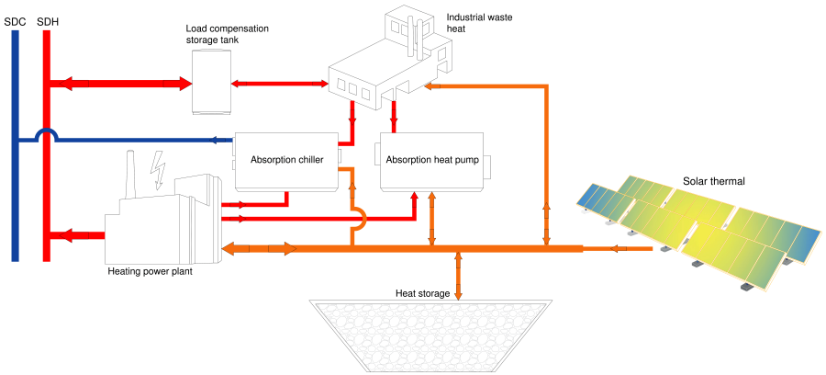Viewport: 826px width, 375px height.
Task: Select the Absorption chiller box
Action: [x=286, y=160]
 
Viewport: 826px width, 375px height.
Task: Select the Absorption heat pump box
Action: [x=432, y=160]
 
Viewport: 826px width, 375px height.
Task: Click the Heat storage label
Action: [x=422, y=293]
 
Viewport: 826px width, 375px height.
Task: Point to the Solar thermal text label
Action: [x=714, y=181]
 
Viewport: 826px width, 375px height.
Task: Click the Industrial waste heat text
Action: [x=469, y=23]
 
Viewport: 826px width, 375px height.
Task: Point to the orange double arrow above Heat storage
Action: [x=457, y=274]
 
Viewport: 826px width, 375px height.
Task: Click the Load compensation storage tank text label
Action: [x=227, y=34]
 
